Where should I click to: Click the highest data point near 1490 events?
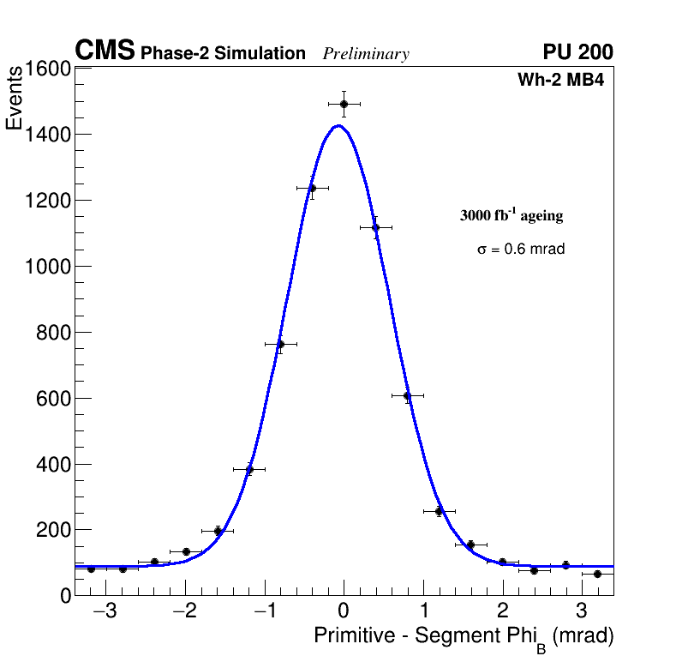(x=344, y=104)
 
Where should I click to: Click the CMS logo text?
(x=105, y=51)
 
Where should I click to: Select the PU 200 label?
(x=577, y=52)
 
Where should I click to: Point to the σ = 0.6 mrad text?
(x=521, y=250)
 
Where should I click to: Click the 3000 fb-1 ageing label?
(x=511, y=215)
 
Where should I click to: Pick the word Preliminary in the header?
(x=366, y=54)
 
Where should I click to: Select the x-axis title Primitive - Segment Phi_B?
(x=464, y=636)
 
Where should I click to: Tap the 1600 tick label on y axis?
(x=47, y=69)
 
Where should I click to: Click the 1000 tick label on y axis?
(x=47, y=267)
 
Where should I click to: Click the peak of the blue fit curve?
(x=338, y=126)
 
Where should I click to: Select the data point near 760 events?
(x=280, y=345)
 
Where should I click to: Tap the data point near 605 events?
(x=407, y=396)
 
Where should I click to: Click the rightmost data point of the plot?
(x=597, y=574)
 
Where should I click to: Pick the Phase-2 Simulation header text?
(x=223, y=54)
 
